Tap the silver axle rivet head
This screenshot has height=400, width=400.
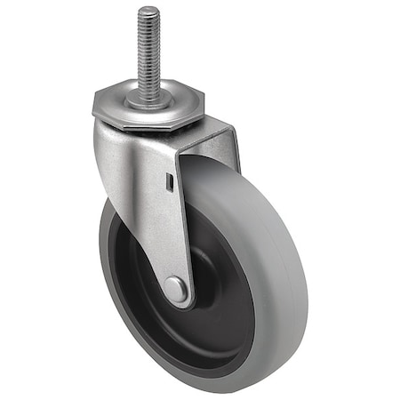[176, 289]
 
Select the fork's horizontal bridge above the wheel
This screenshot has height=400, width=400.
[209, 138]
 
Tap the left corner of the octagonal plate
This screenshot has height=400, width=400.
[92, 108]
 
